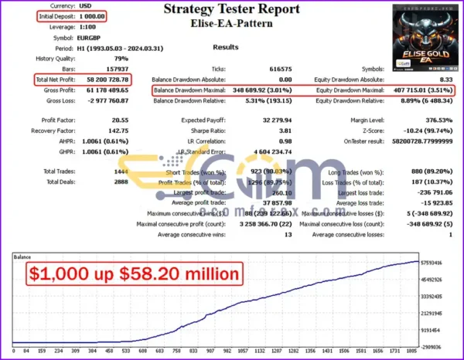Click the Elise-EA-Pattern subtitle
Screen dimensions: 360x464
pos(231,25)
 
